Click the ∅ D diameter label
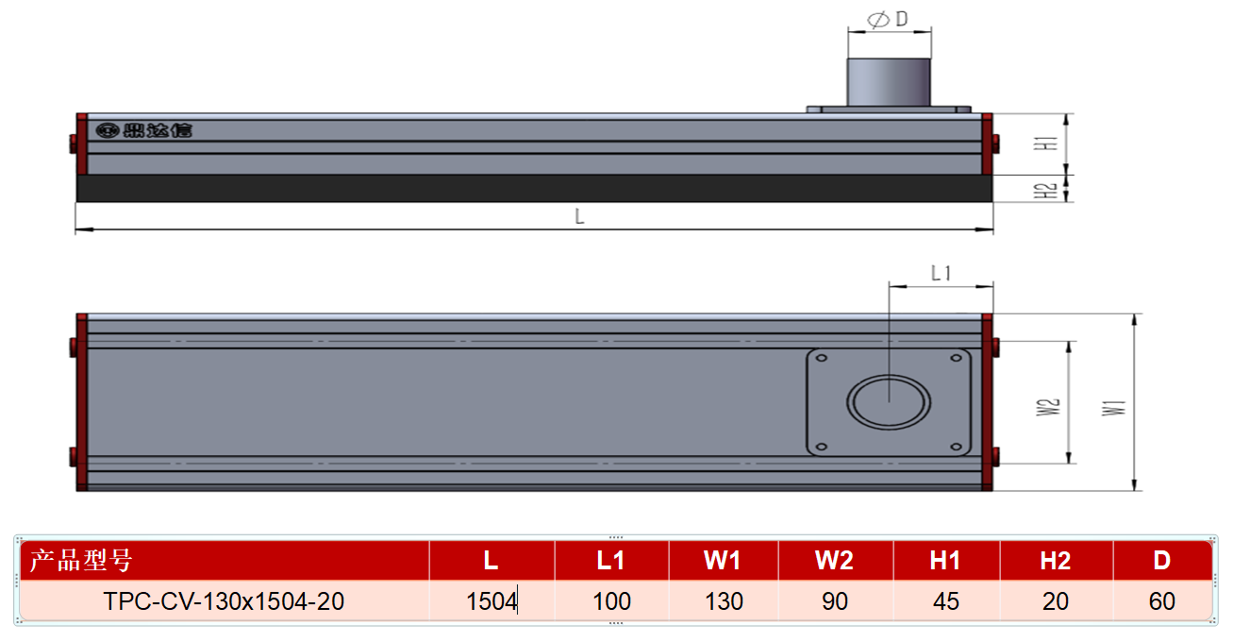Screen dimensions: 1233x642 point(888,19)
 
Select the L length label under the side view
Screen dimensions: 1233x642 point(579,216)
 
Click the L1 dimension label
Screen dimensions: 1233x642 point(941,273)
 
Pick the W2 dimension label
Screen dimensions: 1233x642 point(1047,407)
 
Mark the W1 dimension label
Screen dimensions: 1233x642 point(1113,408)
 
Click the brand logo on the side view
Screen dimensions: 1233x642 point(143,130)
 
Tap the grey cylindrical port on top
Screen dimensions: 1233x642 point(889,82)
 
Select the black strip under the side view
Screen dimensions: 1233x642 point(534,189)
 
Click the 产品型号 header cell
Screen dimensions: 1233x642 point(81,561)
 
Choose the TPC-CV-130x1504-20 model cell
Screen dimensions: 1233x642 point(224,601)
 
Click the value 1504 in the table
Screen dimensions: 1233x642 point(492,601)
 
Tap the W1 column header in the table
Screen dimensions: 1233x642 point(723,561)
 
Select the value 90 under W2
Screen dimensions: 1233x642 point(835,601)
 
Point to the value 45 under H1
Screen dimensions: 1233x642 point(945,601)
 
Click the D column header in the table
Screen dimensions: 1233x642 point(1161,561)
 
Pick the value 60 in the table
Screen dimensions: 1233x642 point(1161,601)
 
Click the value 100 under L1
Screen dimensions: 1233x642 point(611,601)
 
